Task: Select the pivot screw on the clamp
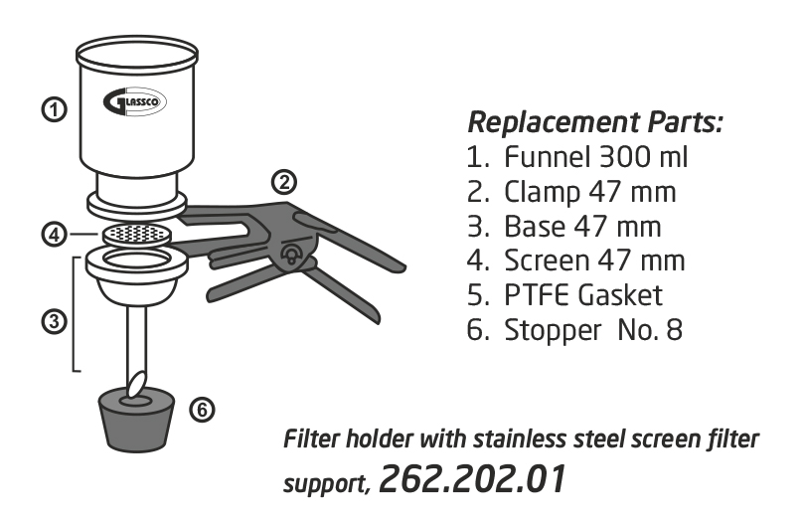290,255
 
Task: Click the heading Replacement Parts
594,123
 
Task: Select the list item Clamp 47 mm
574,191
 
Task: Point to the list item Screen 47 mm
575,261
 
